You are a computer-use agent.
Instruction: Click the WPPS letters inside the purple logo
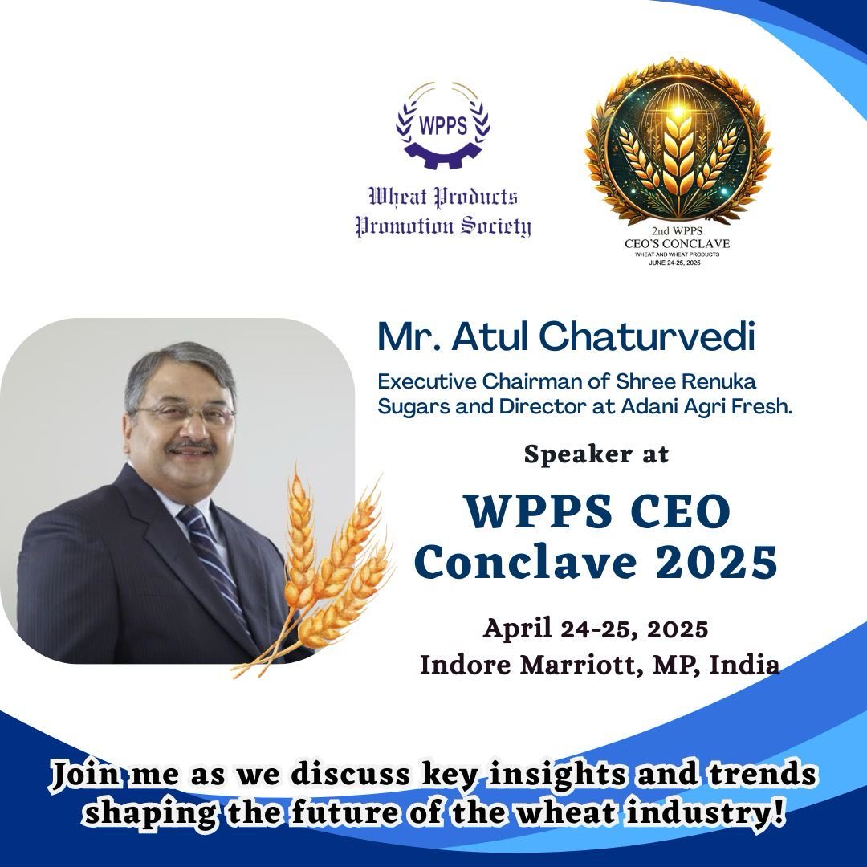443,126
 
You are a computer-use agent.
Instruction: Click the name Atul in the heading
486,337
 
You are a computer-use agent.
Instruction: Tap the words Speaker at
596,454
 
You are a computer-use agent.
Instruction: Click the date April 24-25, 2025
595,629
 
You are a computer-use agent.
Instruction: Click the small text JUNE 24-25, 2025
678,262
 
